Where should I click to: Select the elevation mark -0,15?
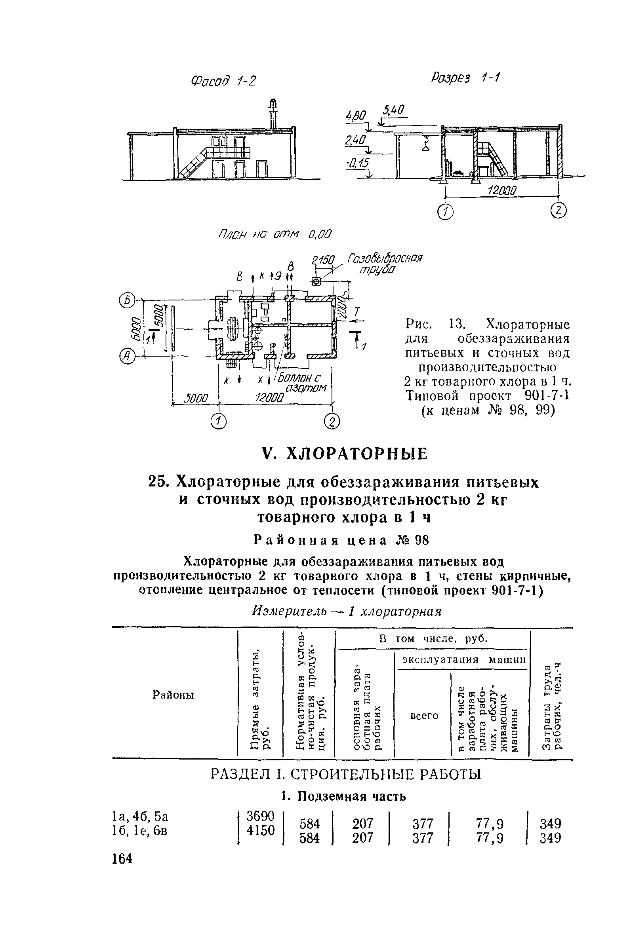point(356,163)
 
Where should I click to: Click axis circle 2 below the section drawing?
point(559,211)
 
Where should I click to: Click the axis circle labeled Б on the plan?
point(127,300)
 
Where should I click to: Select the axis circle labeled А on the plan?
point(127,356)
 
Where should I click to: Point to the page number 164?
point(123,858)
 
